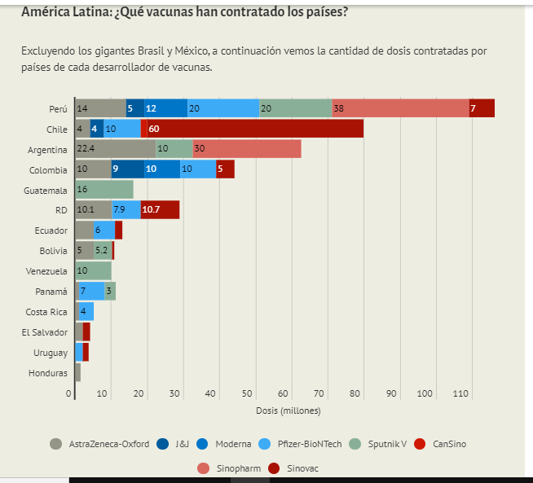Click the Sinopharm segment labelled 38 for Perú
[400, 108]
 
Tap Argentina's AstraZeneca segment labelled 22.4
[115, 149]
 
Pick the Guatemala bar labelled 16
[104, 190]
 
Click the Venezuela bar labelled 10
[93, 270]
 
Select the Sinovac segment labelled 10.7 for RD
[160, 210]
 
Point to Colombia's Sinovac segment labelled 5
[225, 169]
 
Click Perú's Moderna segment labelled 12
[165, 108]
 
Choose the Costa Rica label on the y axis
[46, 312]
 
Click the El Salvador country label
[45, 332]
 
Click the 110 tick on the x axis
[460, 394]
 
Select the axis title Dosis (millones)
[288, 411]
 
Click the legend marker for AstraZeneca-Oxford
[56, 444]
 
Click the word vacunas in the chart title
[172, 13]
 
